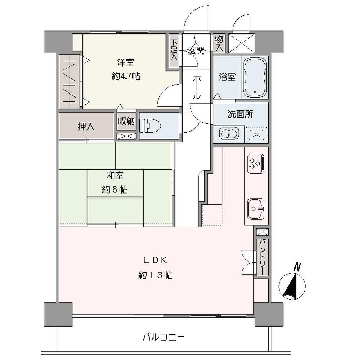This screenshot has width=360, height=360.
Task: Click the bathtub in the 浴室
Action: tap(255, 77)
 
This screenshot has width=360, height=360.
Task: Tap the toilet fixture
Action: tap(150, 125)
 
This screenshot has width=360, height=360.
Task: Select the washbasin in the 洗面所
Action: tap(229, 134)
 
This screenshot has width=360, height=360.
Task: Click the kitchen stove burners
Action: tap(255, 163)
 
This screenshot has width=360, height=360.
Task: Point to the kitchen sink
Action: tap(256, 209)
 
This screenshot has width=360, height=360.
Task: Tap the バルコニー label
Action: tap(163, 336)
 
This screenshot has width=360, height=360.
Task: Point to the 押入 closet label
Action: tap(86, 127)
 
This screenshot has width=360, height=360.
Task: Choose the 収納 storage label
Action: tap(126, 122)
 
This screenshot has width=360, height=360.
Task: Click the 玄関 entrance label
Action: tap(196, 51)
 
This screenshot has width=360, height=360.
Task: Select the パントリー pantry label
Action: tap(262, 257)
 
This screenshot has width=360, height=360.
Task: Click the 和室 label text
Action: tap(115, 176)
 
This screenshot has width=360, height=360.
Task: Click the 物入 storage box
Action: tap(219, 43)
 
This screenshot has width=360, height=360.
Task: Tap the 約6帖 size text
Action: tap(115, 190)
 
